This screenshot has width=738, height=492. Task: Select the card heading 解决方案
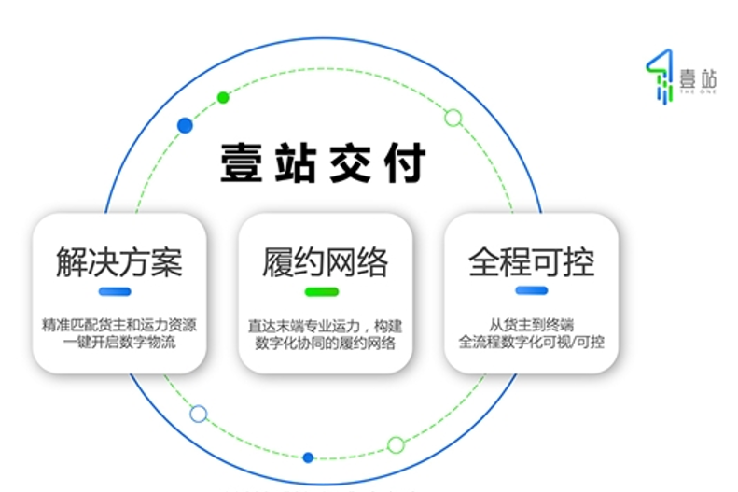pos(118,262)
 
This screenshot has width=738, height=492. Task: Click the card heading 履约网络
pos(325,262)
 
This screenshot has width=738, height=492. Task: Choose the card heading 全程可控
pos(531,262)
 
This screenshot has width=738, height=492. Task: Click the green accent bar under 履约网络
pos(321,292)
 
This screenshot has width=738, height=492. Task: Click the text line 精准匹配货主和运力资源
pos(119,326)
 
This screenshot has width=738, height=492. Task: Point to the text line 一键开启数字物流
pos(119,343)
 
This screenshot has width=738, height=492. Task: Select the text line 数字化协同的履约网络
pos(325,343)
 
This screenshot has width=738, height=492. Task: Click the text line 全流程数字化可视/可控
pos(531,343)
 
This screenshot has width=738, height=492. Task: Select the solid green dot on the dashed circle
pos(223,97)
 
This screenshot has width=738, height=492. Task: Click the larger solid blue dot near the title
pos(185,125)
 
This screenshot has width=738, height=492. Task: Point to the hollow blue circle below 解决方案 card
pos(198,414)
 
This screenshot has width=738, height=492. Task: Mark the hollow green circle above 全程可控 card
pos(453,118)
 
